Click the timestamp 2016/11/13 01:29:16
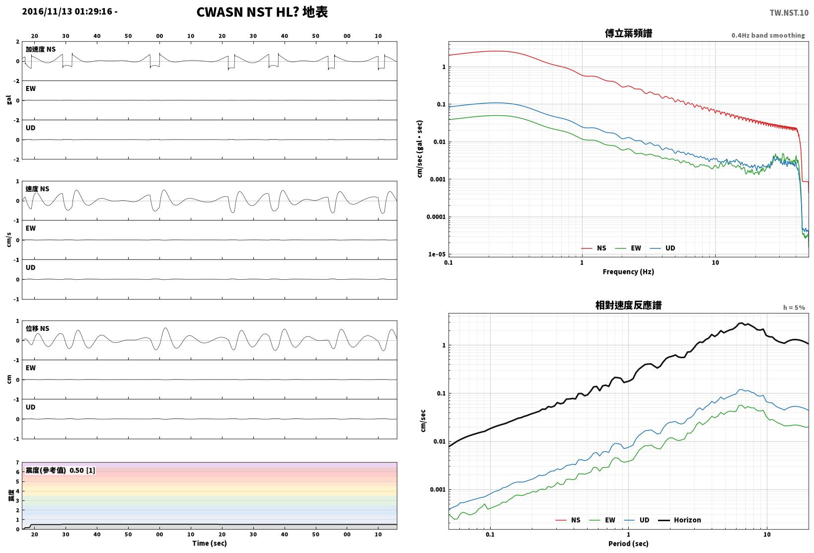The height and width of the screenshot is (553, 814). [67, 11]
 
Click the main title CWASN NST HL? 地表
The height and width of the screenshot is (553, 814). [262, 12]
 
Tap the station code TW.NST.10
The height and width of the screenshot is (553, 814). [789, 13]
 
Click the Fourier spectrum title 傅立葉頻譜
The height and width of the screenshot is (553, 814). [628, 33]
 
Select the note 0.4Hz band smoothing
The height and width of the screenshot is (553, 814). [768, 35]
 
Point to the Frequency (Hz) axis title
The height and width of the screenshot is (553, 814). [628, 272]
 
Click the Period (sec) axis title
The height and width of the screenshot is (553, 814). [628, 544]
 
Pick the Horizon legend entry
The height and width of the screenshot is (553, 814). [679, 520]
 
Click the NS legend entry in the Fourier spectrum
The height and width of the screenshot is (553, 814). [594, 248]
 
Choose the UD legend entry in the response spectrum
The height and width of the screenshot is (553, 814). [637, 520]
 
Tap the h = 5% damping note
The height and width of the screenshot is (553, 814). [794, 308]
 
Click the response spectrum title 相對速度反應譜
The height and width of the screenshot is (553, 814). [628, 305]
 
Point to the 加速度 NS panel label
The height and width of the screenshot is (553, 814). [41, 49]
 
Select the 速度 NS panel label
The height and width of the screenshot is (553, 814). [37, 189]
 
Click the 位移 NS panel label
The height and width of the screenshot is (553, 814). [37, 328]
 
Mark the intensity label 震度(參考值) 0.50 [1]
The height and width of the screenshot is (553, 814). [60, 470]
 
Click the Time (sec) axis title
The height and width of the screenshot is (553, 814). [209, 543]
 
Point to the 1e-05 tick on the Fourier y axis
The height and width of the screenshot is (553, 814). [437, 254]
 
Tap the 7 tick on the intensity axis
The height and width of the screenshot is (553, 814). [17, 463]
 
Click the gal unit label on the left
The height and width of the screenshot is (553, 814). [9, 100]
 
